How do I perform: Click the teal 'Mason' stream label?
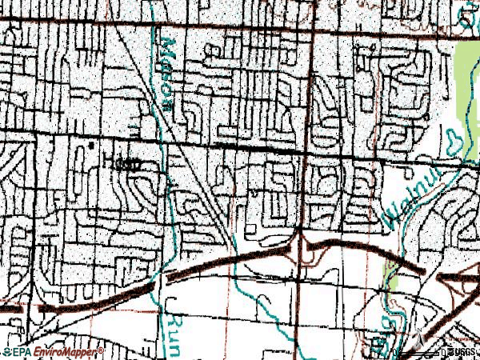tap(169, 60)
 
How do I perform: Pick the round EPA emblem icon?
tap(5, 352)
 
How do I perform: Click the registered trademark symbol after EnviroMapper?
tap(102, 350)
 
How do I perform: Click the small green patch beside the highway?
tap(390, 276)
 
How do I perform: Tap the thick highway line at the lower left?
tap(88, 299)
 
